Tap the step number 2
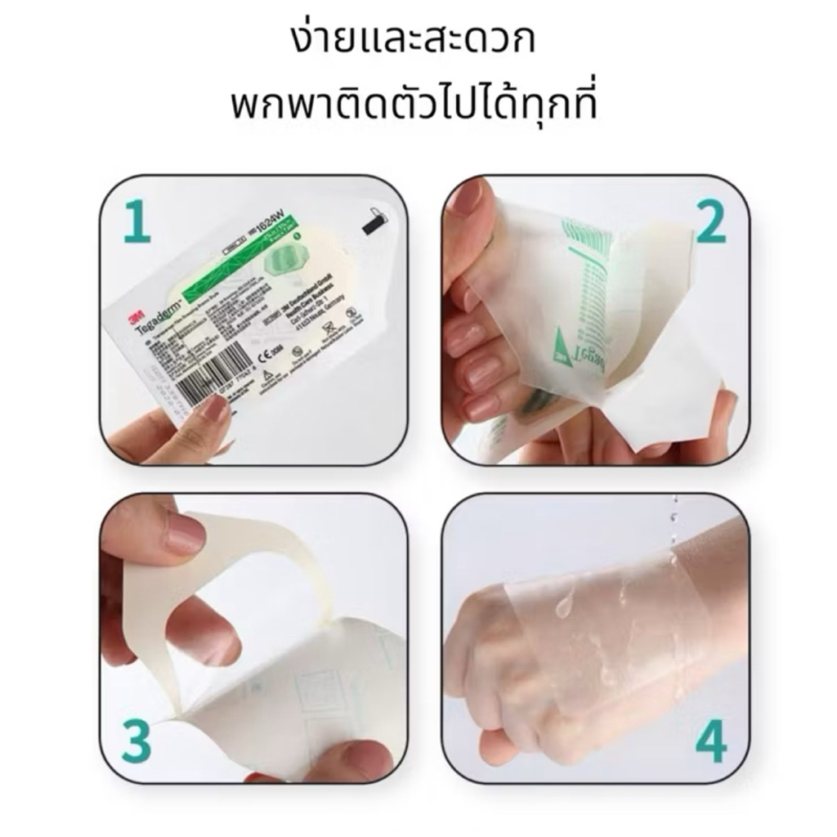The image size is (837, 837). pyautogui.click(x=710, y=222)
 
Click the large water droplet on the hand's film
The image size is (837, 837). pyautogui.click(x=564, y=606)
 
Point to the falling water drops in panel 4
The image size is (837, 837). pyautogui.click(x=674, y=523)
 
